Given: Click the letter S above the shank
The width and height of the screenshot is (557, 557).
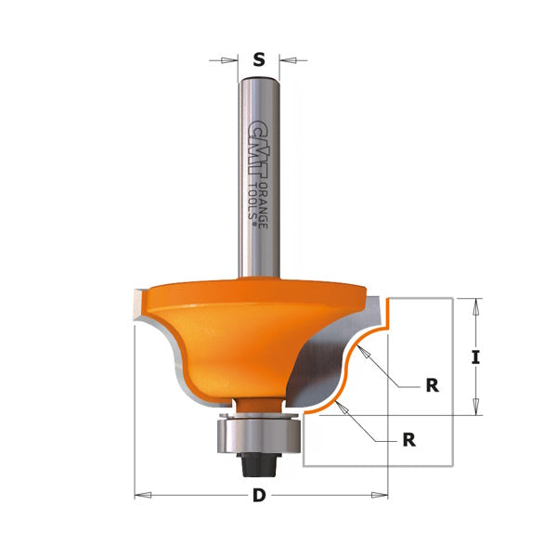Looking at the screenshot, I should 259,60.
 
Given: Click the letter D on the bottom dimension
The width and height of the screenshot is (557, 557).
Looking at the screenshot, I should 259,496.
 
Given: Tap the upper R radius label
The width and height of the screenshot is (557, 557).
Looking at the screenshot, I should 432,384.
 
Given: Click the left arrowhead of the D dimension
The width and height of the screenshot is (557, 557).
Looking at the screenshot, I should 140,496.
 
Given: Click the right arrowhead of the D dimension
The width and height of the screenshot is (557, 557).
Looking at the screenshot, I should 383,496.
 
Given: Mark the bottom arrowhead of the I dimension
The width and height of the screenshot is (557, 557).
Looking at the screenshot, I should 476,409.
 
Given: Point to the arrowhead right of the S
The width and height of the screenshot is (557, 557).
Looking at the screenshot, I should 285,60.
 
